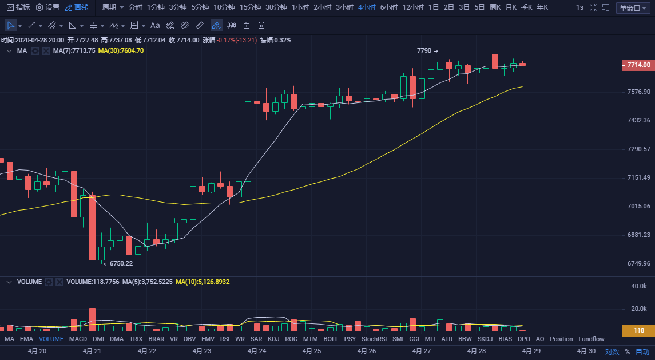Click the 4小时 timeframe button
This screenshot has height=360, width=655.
click(x=366, y=7)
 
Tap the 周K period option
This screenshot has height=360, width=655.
click(x=495, y=7)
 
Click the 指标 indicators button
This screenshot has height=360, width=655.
click(x=18, y=7)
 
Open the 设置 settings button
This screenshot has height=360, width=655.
click(x=48, y=7)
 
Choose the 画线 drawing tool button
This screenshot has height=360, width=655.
click(x=77, y=7)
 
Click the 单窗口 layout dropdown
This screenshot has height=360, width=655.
click(x=632, y=8)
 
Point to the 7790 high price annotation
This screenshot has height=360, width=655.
click(x=424, y=51)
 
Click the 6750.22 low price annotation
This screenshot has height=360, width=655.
click(x=121, y=263)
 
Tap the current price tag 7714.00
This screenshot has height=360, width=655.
click(x=637, y=65)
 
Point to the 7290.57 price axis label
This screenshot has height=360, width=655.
click(x=638, y=149)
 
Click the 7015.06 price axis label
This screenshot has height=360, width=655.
click(x=638, y=206)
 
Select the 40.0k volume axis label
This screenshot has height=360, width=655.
click(x=638, y=286)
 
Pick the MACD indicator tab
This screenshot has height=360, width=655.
click(x=78, y=339)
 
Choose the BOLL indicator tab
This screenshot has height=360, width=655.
click(x=331, y=339)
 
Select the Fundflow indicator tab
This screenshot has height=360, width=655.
click(x=591, y=339)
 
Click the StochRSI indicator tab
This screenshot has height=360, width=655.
click(x=374, y=339)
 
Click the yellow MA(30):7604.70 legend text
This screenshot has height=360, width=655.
click(x=121, y=50)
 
